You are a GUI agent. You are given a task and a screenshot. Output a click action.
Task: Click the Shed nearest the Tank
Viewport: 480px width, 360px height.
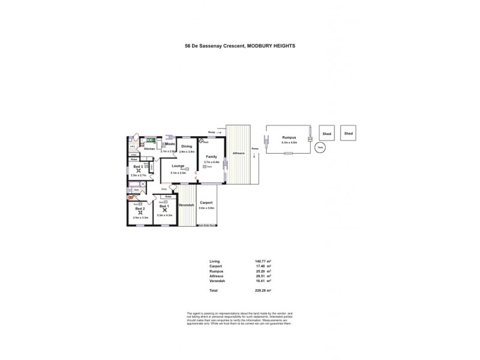(326, 134)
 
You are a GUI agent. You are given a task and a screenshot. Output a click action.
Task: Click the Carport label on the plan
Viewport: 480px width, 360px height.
(206, 203)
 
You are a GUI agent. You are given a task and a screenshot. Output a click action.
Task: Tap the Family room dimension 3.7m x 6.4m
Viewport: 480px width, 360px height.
(212, 162)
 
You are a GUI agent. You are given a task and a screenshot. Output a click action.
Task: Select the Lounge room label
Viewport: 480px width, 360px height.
(177, 166)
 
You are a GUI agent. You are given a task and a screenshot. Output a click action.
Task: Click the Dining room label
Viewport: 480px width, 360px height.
(187, 146)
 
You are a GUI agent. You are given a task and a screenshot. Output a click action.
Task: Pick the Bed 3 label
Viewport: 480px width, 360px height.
(137, 166)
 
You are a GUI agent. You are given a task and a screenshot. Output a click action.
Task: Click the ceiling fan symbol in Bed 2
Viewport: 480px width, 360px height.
(140, 212)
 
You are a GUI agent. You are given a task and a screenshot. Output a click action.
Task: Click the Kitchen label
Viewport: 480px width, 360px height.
(149, 149)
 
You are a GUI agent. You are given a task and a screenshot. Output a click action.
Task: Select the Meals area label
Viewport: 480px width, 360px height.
(170, 144)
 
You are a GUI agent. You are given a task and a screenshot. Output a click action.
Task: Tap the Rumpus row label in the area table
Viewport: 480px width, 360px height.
(216, 271)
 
